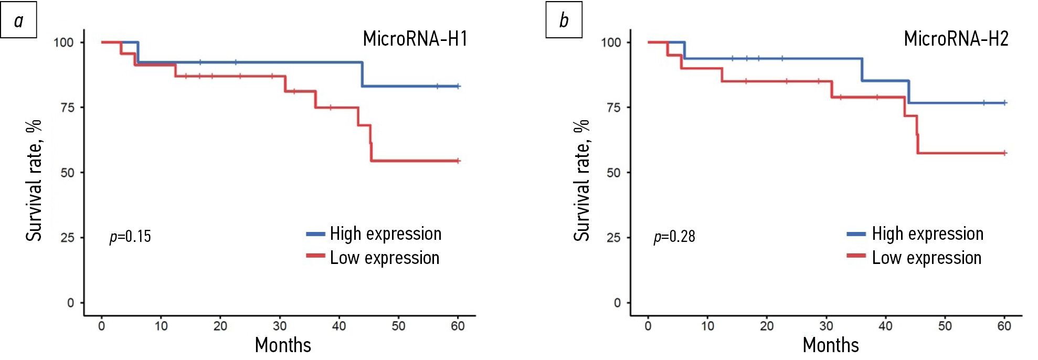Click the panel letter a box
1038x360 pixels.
tap(19, 20)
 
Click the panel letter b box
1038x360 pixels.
tap(564, 20)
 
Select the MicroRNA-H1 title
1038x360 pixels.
tap(415, 39)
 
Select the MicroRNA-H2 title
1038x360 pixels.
tap(956, 39)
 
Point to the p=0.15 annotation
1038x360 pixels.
tap(130, 237)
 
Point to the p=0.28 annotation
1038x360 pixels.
tap(674, 237)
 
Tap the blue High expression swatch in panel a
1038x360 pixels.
tap(315, 234)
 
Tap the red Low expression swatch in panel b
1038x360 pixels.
tap(856, 256)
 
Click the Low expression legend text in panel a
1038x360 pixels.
tap(385, 258)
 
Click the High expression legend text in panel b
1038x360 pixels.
tap(927, 234)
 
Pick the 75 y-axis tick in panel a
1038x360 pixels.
tap(68, 108)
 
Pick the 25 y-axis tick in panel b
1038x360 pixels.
tap(613, 238)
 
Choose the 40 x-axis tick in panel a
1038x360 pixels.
tap(339, 326)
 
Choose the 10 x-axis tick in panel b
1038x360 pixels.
tap(707, 326)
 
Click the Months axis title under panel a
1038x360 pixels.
tap(283, 345)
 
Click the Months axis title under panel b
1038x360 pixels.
tap(831, 345)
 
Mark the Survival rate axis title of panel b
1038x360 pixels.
tap(581, 180)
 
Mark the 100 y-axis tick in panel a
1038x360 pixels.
tap(63, 43)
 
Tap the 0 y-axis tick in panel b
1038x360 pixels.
tap(617, 303)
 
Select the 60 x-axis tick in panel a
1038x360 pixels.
tap(458, 326)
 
